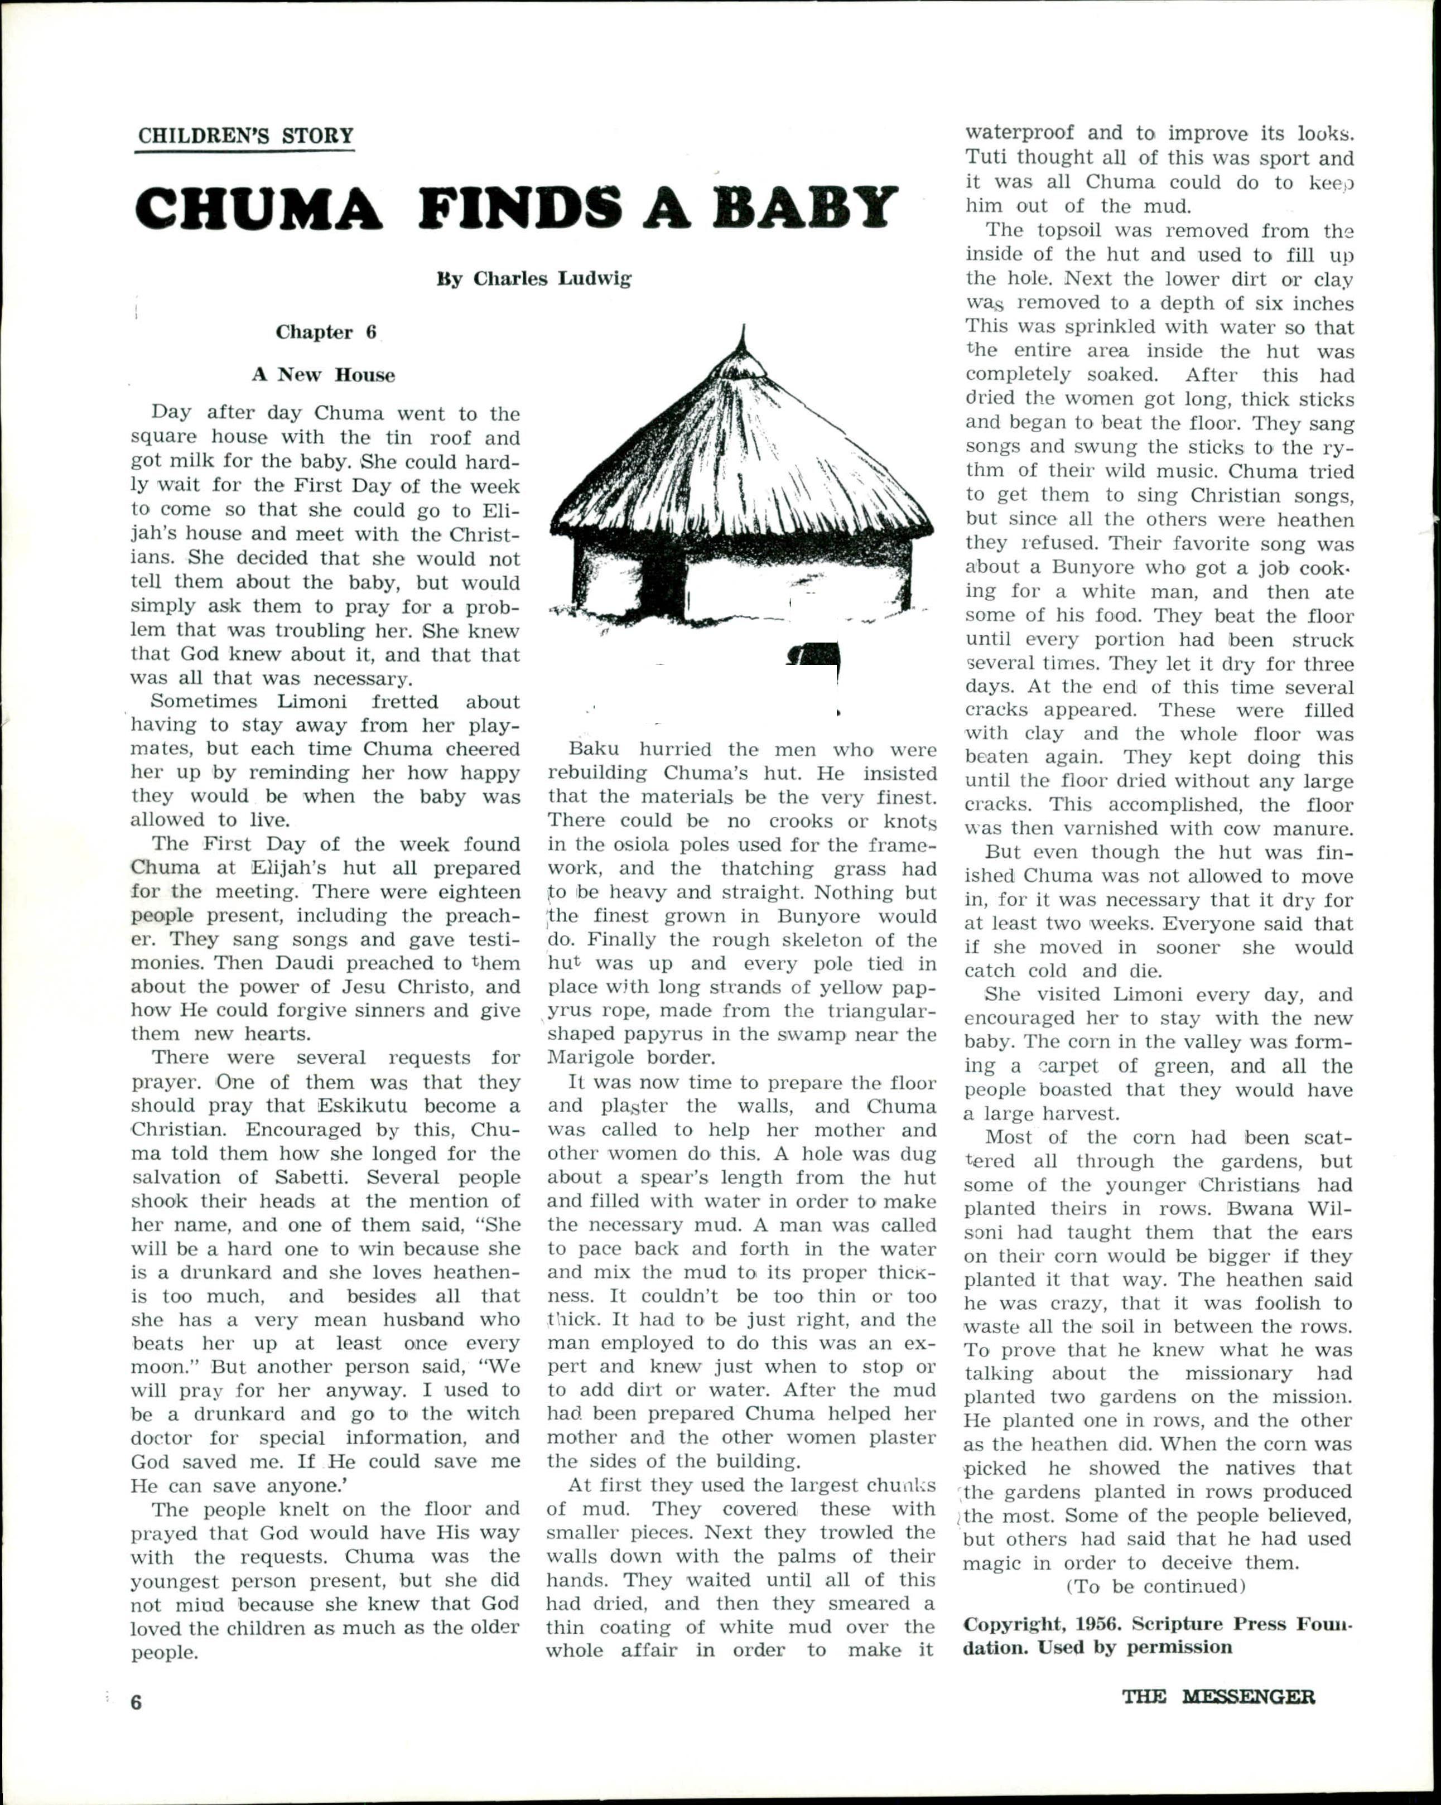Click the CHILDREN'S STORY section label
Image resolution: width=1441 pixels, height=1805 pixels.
(x=245, y=136)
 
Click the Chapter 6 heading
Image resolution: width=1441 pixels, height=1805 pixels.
(x=326, y=332)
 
